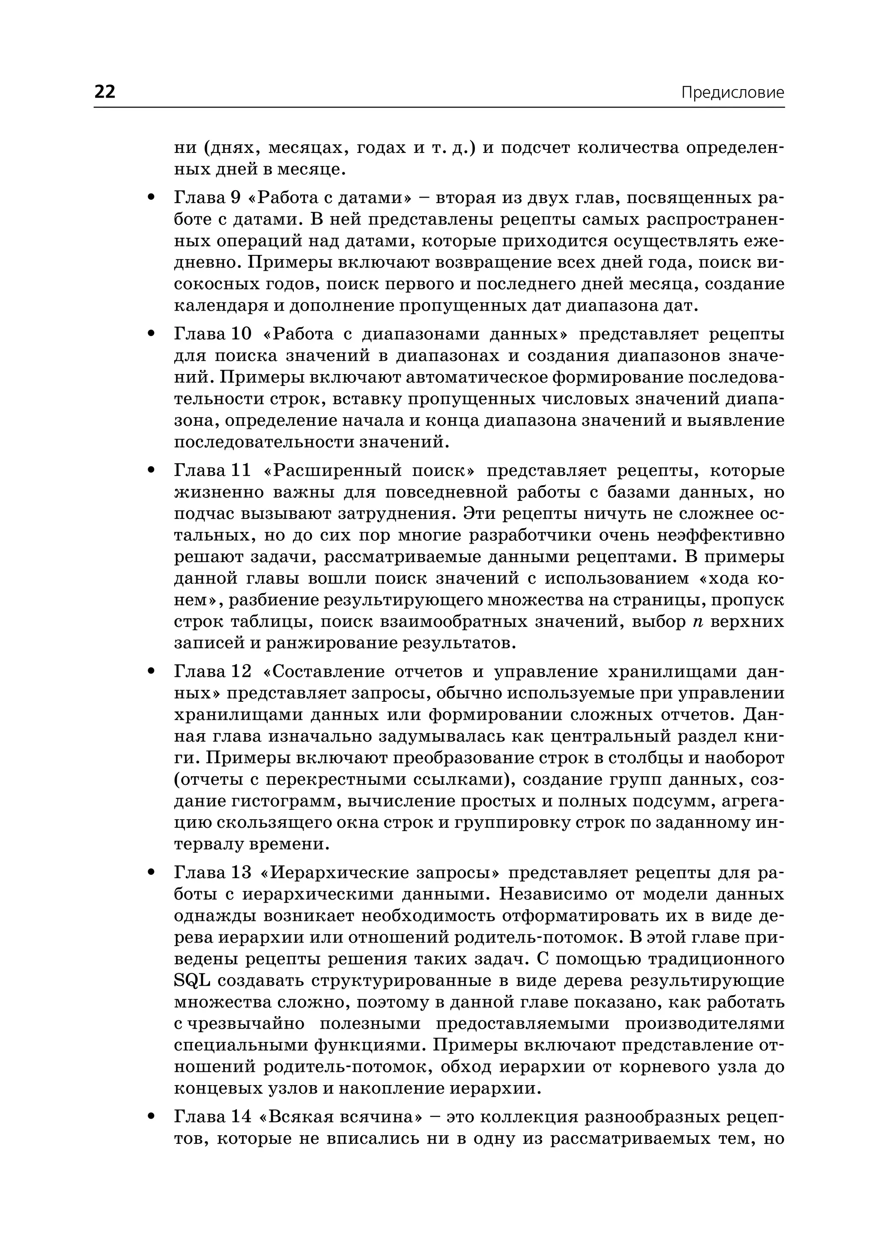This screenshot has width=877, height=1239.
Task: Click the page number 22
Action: pyautogui.click(x=105, y=92)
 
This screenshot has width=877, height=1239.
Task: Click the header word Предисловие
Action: pyautogui.click(x=732, y=93)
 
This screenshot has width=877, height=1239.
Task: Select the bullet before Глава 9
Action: pyautogui.click(x=151, y=198)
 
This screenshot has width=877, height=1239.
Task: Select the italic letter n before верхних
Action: pyautogui.click(x=697, y=622)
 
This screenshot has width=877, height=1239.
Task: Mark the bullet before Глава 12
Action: pyautogui.click(x=151, y=672)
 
